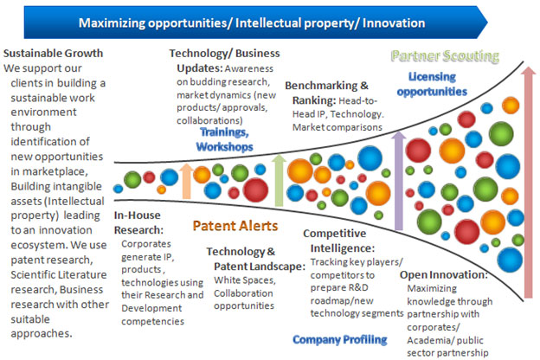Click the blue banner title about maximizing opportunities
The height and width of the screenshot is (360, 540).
(252, 23)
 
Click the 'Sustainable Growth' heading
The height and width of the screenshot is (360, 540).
(53, 54)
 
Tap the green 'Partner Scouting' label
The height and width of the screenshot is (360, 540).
(445, 55)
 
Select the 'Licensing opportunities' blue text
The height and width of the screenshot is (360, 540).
(432, 84)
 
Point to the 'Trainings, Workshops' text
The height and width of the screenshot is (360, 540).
(224, 139)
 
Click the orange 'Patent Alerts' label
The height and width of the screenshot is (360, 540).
(235, 226)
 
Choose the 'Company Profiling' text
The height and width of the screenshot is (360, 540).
(340, 340)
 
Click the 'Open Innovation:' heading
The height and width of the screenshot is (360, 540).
(444, 275)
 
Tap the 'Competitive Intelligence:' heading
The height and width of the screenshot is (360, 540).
(339, 241)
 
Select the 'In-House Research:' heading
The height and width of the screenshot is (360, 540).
(138, 222)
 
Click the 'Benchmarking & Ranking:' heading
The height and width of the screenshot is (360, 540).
(326, 93)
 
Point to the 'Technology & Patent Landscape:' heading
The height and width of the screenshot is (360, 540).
(256, 259)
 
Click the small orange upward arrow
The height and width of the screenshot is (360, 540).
(186, 181)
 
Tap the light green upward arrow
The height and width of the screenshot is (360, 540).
(279, 180)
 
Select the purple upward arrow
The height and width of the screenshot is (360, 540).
(398, 181)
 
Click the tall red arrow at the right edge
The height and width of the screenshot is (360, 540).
(528, 182)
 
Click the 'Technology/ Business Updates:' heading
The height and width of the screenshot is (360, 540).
(224, 61)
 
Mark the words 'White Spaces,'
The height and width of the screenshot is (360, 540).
(245, 280)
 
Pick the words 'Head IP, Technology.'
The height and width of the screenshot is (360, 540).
(337, 114)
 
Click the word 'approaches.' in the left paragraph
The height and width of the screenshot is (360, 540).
(42, 334)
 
